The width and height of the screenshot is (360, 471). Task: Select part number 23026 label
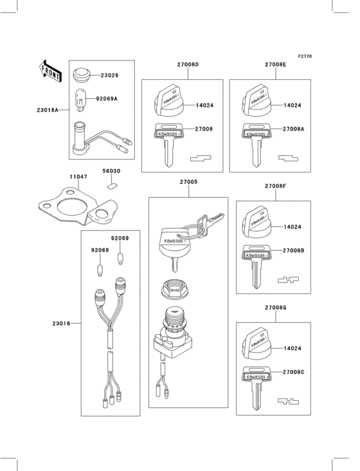109,76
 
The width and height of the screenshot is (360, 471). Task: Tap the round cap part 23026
82,75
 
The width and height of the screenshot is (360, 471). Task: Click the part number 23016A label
48,110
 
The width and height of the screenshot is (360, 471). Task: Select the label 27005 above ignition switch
188,182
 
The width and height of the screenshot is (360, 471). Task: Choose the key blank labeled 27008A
255,142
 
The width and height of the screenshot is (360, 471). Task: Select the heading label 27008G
275,308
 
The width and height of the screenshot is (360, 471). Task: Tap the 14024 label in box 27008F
292,227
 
